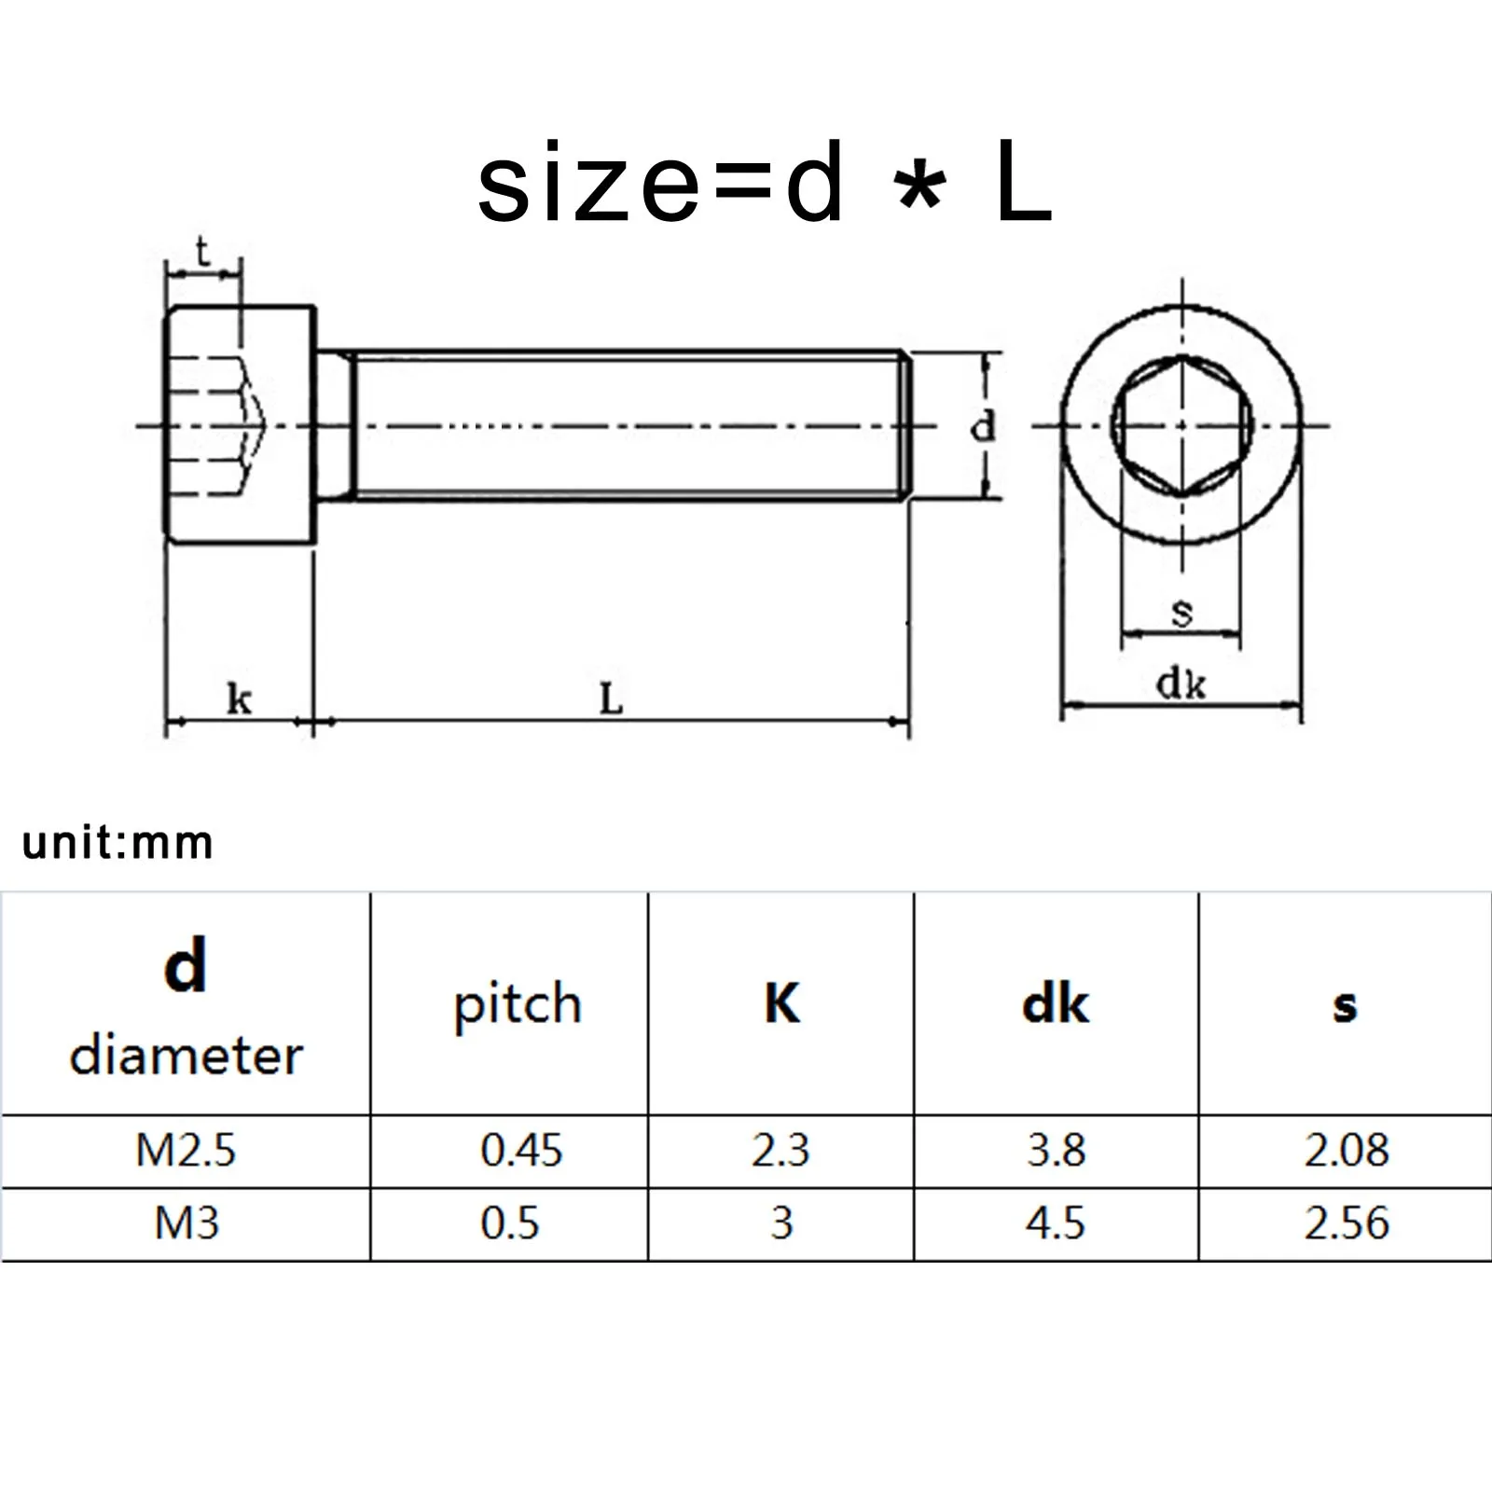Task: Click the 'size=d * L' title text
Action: pos(765,184)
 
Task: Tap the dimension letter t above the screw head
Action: pos(202,253)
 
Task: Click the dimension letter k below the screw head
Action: pos(239,698)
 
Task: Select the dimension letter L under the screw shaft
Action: pos(611,698)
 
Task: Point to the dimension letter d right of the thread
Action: pos(983,427)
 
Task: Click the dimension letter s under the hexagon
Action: pos(1181,613)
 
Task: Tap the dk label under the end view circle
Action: pos(1181,684)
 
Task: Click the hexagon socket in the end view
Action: pos(1181,425)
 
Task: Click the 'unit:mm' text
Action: pos(117,843)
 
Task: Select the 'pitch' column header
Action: pos(518,1005)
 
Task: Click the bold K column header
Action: pos(781,1004)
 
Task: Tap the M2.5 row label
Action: pos(186,1150)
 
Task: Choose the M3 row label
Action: pos(186,1223)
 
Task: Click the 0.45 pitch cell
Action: pos(521,1150)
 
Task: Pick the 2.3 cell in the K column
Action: pos(781,1150)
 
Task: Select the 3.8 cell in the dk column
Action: pos(1056,1150)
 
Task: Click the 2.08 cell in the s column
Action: pos(1346,1150)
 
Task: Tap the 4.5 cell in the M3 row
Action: pos(1056,1223)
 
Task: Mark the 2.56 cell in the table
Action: pos(1346,1223)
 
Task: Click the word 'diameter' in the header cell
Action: pos(186,1057)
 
